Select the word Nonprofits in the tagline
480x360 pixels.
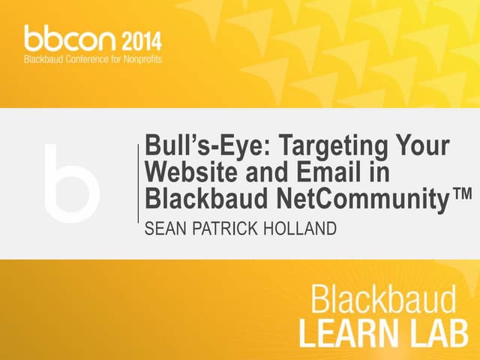click(x=140, y=58)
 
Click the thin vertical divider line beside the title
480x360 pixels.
click(x=138, y=184)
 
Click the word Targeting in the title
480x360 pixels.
click(x=313, y=145)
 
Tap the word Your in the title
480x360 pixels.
click(x=420, y=145)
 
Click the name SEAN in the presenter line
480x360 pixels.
click(x=163, y=227)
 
